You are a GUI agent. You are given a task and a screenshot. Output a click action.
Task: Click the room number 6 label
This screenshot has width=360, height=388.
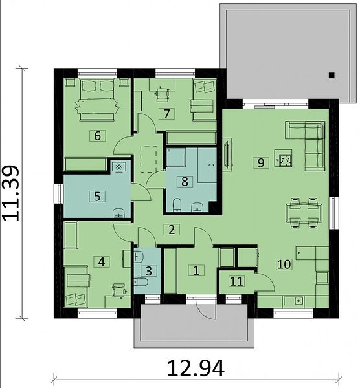(97, 136)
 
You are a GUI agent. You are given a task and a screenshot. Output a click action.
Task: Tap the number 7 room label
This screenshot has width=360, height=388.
(167, 114)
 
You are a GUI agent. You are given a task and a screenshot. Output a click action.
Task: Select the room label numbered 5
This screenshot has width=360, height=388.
(97, 196)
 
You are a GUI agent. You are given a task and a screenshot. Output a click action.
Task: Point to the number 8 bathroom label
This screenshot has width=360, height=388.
(185, 181)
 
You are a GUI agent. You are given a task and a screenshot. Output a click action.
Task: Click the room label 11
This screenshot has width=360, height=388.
(236, 281)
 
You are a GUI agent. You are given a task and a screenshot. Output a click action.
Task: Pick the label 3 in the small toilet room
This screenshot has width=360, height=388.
(149, 271)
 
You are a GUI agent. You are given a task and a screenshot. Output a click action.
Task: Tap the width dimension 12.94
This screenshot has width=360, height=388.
(196, 368)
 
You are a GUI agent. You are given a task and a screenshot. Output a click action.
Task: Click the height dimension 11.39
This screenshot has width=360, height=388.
(10, 193)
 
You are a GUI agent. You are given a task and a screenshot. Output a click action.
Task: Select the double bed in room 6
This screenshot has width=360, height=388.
(97, 100)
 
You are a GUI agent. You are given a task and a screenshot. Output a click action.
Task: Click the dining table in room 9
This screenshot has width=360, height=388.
(304, 213)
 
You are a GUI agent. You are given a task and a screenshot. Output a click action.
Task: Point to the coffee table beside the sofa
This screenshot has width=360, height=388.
(283, 158)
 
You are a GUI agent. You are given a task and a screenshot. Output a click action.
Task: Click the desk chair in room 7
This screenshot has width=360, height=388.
(163, 94)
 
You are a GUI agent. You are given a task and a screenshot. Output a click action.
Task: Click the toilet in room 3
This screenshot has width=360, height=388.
(141, 281)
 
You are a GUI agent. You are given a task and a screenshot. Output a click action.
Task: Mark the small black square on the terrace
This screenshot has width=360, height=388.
(332, 75)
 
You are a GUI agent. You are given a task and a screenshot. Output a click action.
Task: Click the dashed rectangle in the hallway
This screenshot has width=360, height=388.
(148, 159)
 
